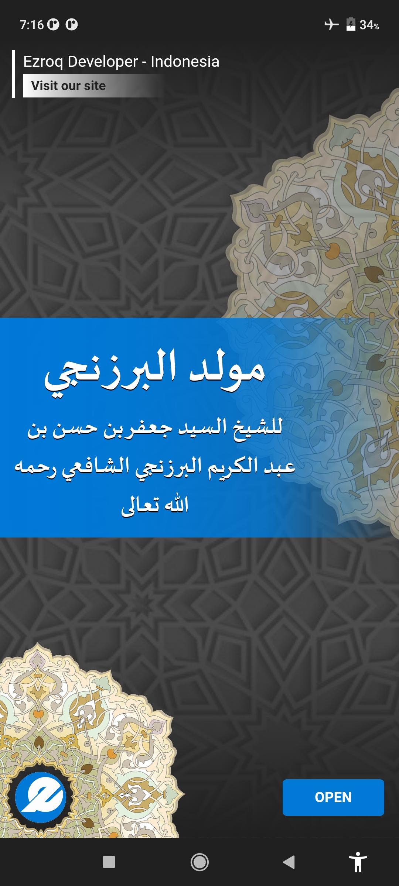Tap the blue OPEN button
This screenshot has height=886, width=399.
333,797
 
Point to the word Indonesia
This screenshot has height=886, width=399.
185,61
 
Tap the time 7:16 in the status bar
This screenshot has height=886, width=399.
32,25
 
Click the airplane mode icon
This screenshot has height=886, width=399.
331,25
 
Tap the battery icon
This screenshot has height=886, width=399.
351,24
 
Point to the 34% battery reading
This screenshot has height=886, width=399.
369,25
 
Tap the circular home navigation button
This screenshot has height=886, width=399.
199,862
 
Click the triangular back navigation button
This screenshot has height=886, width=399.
289,862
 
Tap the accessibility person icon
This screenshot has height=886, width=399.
358,862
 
